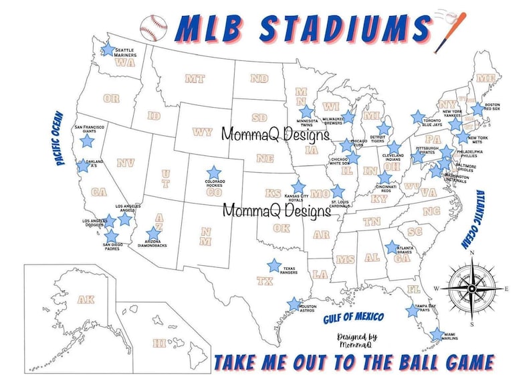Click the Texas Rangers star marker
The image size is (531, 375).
(274, 265)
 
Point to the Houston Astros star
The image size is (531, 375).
(293, 304)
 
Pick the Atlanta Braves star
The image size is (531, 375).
(391, 248)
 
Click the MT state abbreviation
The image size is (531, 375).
(195, 79)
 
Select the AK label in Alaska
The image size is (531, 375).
(86, 299)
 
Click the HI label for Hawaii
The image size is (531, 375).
(159, 343)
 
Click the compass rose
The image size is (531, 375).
(472, 289)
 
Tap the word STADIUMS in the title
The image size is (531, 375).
(341, 28)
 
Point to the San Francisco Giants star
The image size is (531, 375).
(87, 141)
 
